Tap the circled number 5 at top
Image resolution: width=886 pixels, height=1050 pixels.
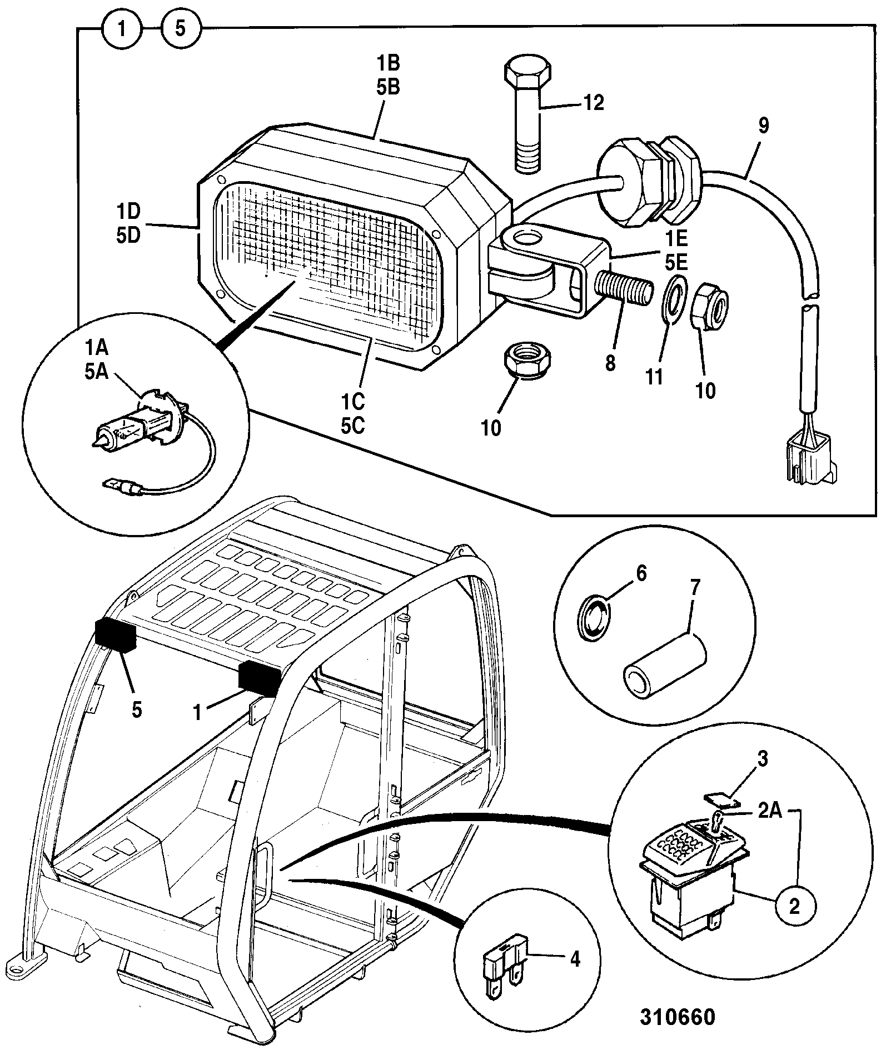tap(181, 28)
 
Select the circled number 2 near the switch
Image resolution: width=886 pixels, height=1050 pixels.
tap(795, 907)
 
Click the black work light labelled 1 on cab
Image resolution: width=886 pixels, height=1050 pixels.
tap(259, 678)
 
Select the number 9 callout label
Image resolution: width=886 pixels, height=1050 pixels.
tap(764, 126)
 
